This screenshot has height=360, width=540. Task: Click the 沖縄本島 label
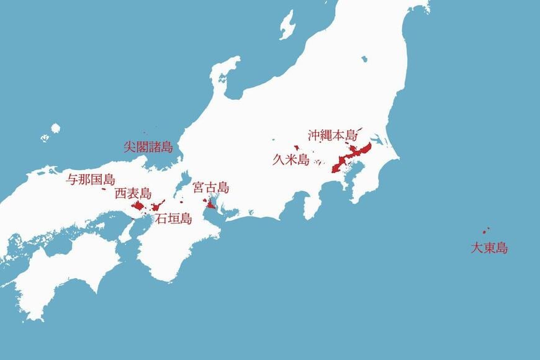click(333, 135)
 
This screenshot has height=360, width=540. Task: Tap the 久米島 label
click(290, 160)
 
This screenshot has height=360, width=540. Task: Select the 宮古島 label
click(210, 187)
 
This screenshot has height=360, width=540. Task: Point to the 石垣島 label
click(173, 218)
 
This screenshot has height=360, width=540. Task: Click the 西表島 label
click(133, 194)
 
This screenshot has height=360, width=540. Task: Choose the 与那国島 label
click(91, 180)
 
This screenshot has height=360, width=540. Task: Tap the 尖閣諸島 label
click(148, 147)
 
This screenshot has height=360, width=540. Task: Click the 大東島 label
click(489, 248)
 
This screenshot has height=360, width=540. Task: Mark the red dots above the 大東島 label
click(486, 230)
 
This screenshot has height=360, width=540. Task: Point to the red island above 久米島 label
click(297, 148)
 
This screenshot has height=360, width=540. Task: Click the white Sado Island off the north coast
click(287, 25)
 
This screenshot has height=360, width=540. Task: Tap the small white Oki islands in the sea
click(55, 128)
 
